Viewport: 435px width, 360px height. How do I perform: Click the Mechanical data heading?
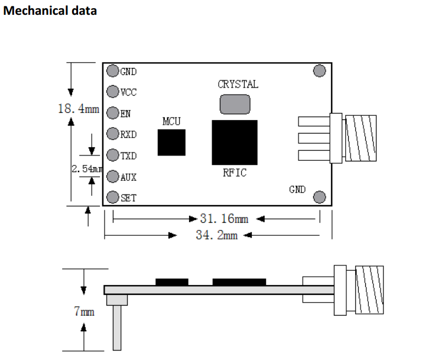(x=50, y=11)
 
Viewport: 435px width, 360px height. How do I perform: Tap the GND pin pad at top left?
(x=112, y=71)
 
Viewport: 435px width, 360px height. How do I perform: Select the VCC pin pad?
(x=112, y=92)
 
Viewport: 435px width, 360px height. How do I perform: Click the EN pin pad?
(x=112, y=113)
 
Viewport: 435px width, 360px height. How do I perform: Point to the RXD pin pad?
(x=112, y=134)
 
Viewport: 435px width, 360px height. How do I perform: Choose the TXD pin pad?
(x=112, y=155)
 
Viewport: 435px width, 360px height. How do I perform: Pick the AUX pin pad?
(x=112, y=176)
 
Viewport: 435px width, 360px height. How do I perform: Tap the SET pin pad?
(x=112, y=197)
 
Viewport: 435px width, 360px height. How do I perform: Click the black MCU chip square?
(x=171, y=142)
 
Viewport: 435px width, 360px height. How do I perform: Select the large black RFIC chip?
(x=235, y=142)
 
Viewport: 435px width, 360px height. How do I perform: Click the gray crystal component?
(x=235, y=104)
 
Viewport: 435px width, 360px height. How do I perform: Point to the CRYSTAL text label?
(x=238, y=84)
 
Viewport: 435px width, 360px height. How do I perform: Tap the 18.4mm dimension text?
(x=78, y=109)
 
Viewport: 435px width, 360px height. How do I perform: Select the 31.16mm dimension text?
(x=228, y=219)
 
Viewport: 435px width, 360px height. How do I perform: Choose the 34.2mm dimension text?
(x=216, y=235)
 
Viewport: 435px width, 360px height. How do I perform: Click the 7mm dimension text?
(x=84, y=311)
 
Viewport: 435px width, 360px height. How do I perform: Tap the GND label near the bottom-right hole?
(x=297, y=189)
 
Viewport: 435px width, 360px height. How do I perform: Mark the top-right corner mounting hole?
(x=319, y=71)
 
